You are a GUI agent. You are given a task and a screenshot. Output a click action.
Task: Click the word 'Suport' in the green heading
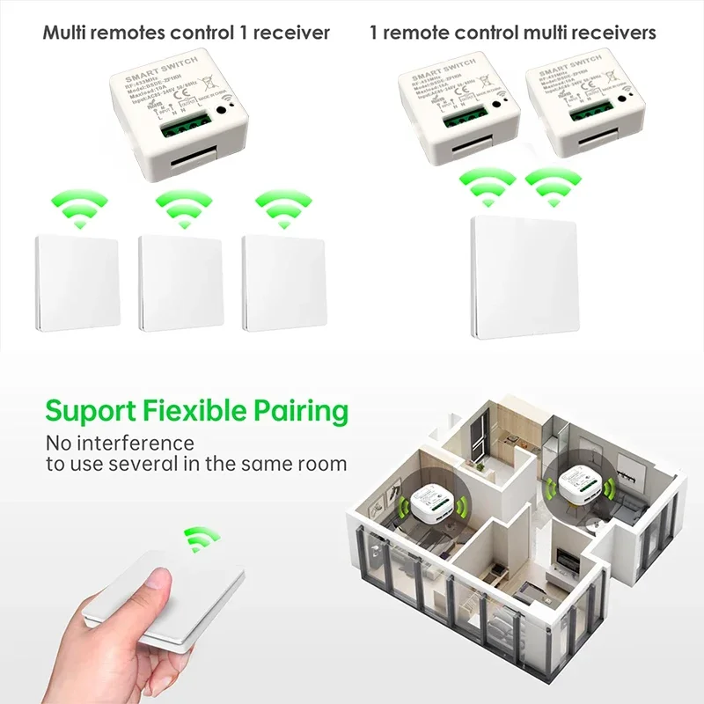89,411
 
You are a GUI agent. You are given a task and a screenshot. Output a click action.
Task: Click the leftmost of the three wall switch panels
77,281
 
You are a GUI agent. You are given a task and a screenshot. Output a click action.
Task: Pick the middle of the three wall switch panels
181,281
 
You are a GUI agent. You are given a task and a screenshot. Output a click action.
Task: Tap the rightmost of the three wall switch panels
284,281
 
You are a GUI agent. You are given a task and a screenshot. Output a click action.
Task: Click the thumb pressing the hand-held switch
158,580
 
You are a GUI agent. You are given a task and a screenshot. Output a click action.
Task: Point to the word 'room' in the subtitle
319,464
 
